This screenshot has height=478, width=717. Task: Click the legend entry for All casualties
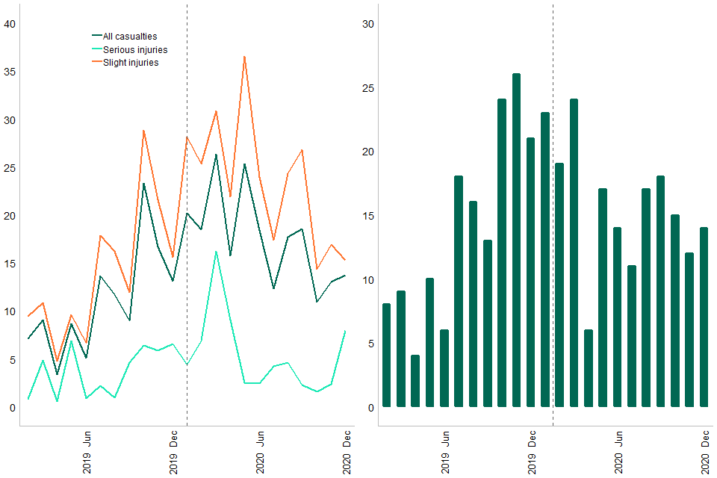coord(130,36)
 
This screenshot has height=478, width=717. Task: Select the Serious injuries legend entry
coord(134,49)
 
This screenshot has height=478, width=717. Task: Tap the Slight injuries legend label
coord(130,63)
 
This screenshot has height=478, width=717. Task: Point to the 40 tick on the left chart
coord(10,24)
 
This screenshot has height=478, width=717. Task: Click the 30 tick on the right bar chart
coord(367,24)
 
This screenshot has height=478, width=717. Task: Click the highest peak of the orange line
coord(244,57)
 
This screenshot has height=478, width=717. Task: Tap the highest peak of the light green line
coord(216,252)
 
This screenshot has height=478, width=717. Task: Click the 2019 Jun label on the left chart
coord(87,452)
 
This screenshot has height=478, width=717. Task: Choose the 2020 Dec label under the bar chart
coord(705,452)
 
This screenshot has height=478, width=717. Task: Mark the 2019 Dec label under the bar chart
coord(532,452)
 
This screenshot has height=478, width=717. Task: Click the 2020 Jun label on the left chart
coord(259,452)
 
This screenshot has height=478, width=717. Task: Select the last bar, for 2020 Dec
coord(704,317)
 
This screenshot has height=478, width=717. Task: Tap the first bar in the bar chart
coord(386,356)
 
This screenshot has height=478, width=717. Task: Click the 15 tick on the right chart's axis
coord(367,216)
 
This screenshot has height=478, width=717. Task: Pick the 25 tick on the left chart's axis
coord(10,167)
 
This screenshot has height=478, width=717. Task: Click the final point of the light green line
coord(345,331)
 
